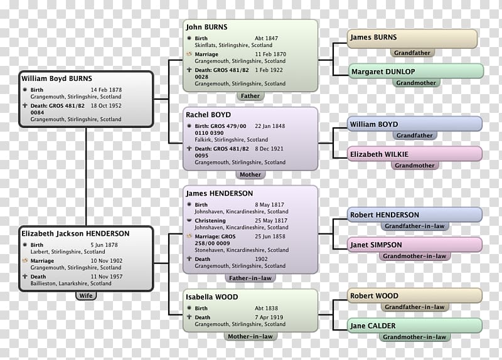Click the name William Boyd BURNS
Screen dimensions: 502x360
56,79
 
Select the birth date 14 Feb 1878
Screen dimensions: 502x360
106,90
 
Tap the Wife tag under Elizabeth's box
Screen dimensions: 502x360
86,295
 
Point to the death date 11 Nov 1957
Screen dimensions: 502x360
106,277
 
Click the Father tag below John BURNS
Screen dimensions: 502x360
250,96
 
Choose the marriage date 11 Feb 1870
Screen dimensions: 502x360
270,54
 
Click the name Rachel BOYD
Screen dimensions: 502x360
208,115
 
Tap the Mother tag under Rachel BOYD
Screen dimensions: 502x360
250,175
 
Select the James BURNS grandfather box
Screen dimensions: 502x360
412,38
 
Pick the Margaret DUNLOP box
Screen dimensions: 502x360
416,71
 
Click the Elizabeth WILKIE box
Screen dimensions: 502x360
415,154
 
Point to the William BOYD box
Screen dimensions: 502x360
415,124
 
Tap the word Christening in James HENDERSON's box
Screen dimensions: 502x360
210,221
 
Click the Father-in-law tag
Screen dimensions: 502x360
250,278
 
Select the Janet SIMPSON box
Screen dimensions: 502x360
415,245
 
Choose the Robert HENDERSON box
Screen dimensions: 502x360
415,214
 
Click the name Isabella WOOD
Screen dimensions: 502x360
211,297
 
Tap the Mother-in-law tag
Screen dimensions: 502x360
250,336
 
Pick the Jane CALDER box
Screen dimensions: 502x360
415,326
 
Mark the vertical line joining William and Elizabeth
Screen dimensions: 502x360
86,177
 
